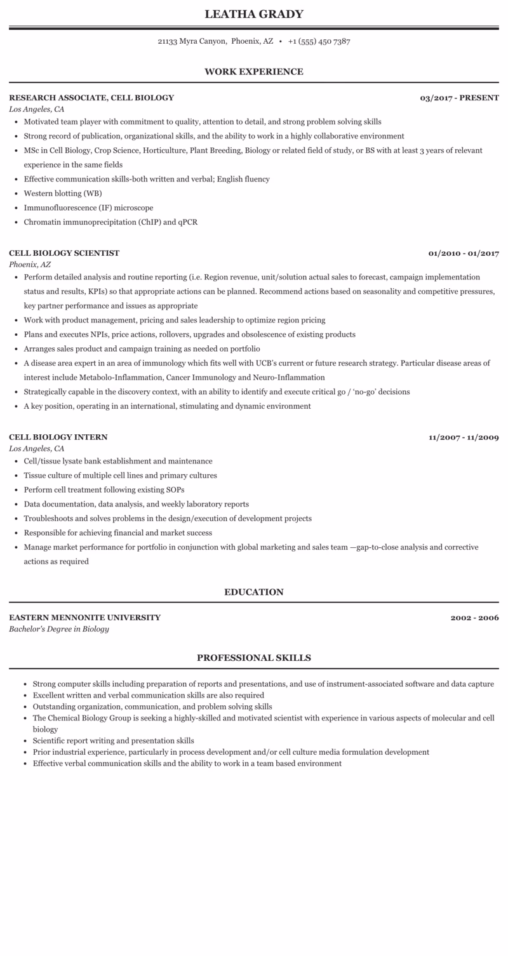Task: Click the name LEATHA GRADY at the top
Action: [x=254, y=14]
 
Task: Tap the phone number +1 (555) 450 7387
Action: [x=319, y=41]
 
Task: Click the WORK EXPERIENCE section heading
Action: [x=254, y=72]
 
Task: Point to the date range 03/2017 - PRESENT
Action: [x=459, y=98]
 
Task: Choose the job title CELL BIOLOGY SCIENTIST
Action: [x=64, y=253]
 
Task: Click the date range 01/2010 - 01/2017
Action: [x=464, y=253]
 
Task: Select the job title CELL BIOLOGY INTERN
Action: [x=58, y=437]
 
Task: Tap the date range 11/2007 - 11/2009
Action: [x=464, y=437]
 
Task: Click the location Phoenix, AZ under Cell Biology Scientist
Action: [x=30, y=264]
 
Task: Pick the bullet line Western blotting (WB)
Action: [x=63, y=194]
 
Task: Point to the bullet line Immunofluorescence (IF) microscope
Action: [x=88, y=208]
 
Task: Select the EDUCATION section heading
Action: [x=254, y=592]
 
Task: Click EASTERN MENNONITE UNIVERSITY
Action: [x=84, y=618]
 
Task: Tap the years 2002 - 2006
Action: [x=474, y=618]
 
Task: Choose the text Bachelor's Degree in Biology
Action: [x=59, y=629]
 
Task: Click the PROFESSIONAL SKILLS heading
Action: [x=254, y=658]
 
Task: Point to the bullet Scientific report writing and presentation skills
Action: [x=113, y=741]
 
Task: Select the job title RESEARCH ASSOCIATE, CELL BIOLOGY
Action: [x=91, y=98]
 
